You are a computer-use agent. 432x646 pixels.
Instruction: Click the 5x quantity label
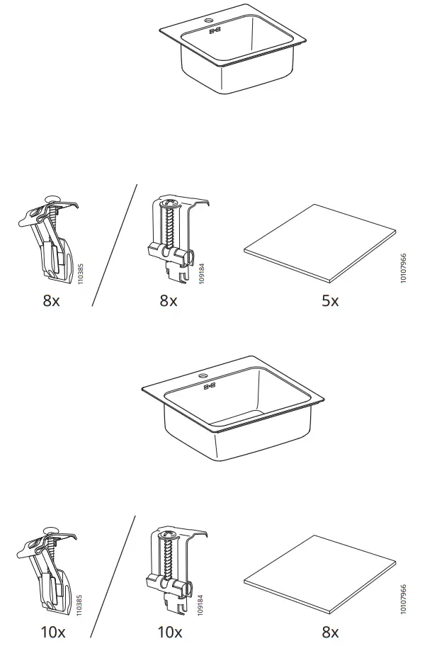(x=330, y=301)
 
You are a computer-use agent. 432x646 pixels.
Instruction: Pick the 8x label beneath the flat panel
(x=330, y=632)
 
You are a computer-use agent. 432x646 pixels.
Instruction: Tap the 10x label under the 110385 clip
(x=53, y=632)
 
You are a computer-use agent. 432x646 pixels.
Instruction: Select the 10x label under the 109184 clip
(x=170, y=632)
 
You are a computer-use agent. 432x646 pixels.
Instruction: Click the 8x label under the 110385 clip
(x=51, y=301)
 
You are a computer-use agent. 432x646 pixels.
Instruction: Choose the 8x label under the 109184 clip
(x=169, y=301)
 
